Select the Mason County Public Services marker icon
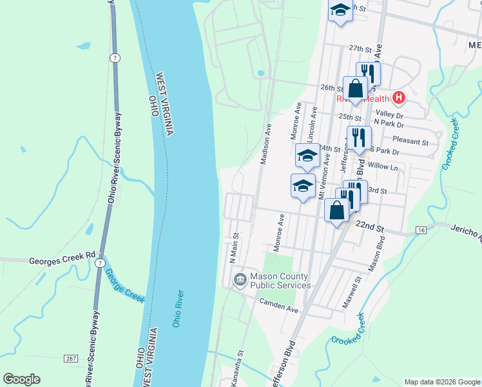click(x=240, y=279)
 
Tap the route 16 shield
click(x=421, y=230)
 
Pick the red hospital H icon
click(x=399, y=98)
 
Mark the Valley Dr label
click(x=388, y=110)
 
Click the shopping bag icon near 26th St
click(x=355, y=88)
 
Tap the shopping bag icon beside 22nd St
click(x=337, y=210)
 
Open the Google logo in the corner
click(x=21, y=379)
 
